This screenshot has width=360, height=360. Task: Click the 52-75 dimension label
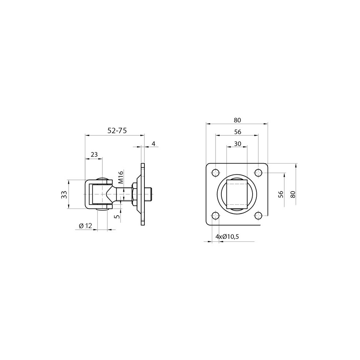[117, 131]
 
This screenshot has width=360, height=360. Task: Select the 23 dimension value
[94, 154]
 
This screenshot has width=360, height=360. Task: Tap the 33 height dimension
[64, 195]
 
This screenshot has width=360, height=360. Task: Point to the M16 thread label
[121, 177]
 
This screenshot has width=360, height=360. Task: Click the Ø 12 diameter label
[85, 226]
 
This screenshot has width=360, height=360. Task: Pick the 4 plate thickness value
[154, 144]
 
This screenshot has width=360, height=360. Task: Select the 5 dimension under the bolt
[117, 216]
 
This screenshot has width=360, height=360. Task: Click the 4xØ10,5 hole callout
[227, 236]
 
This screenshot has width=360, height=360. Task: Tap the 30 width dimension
[238, 144]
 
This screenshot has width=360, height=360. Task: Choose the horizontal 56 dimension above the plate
[238, 132]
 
